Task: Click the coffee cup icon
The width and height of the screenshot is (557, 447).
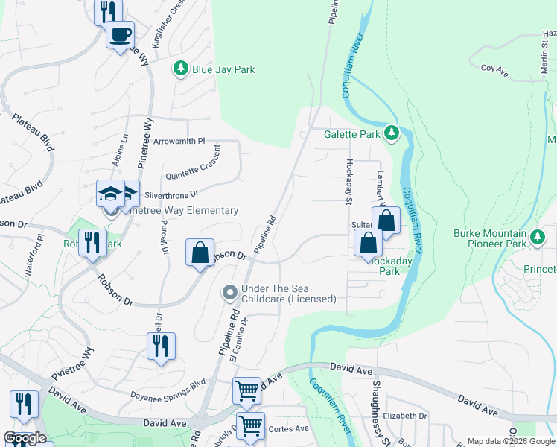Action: pyautogui.click(x=120, y=34)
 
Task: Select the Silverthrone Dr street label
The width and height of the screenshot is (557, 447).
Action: pyautogui.click(x=172, y=194)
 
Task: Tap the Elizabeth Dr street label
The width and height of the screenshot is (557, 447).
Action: pyautogui.click(x=406, y=416)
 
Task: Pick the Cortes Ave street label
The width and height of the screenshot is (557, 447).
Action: pyautogui.click(x=287, y=428)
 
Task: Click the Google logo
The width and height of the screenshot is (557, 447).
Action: pyautogui.click(x=25, y=438)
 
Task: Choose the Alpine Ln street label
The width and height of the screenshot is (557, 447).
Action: pyautogui.click(x=125, y=149)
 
